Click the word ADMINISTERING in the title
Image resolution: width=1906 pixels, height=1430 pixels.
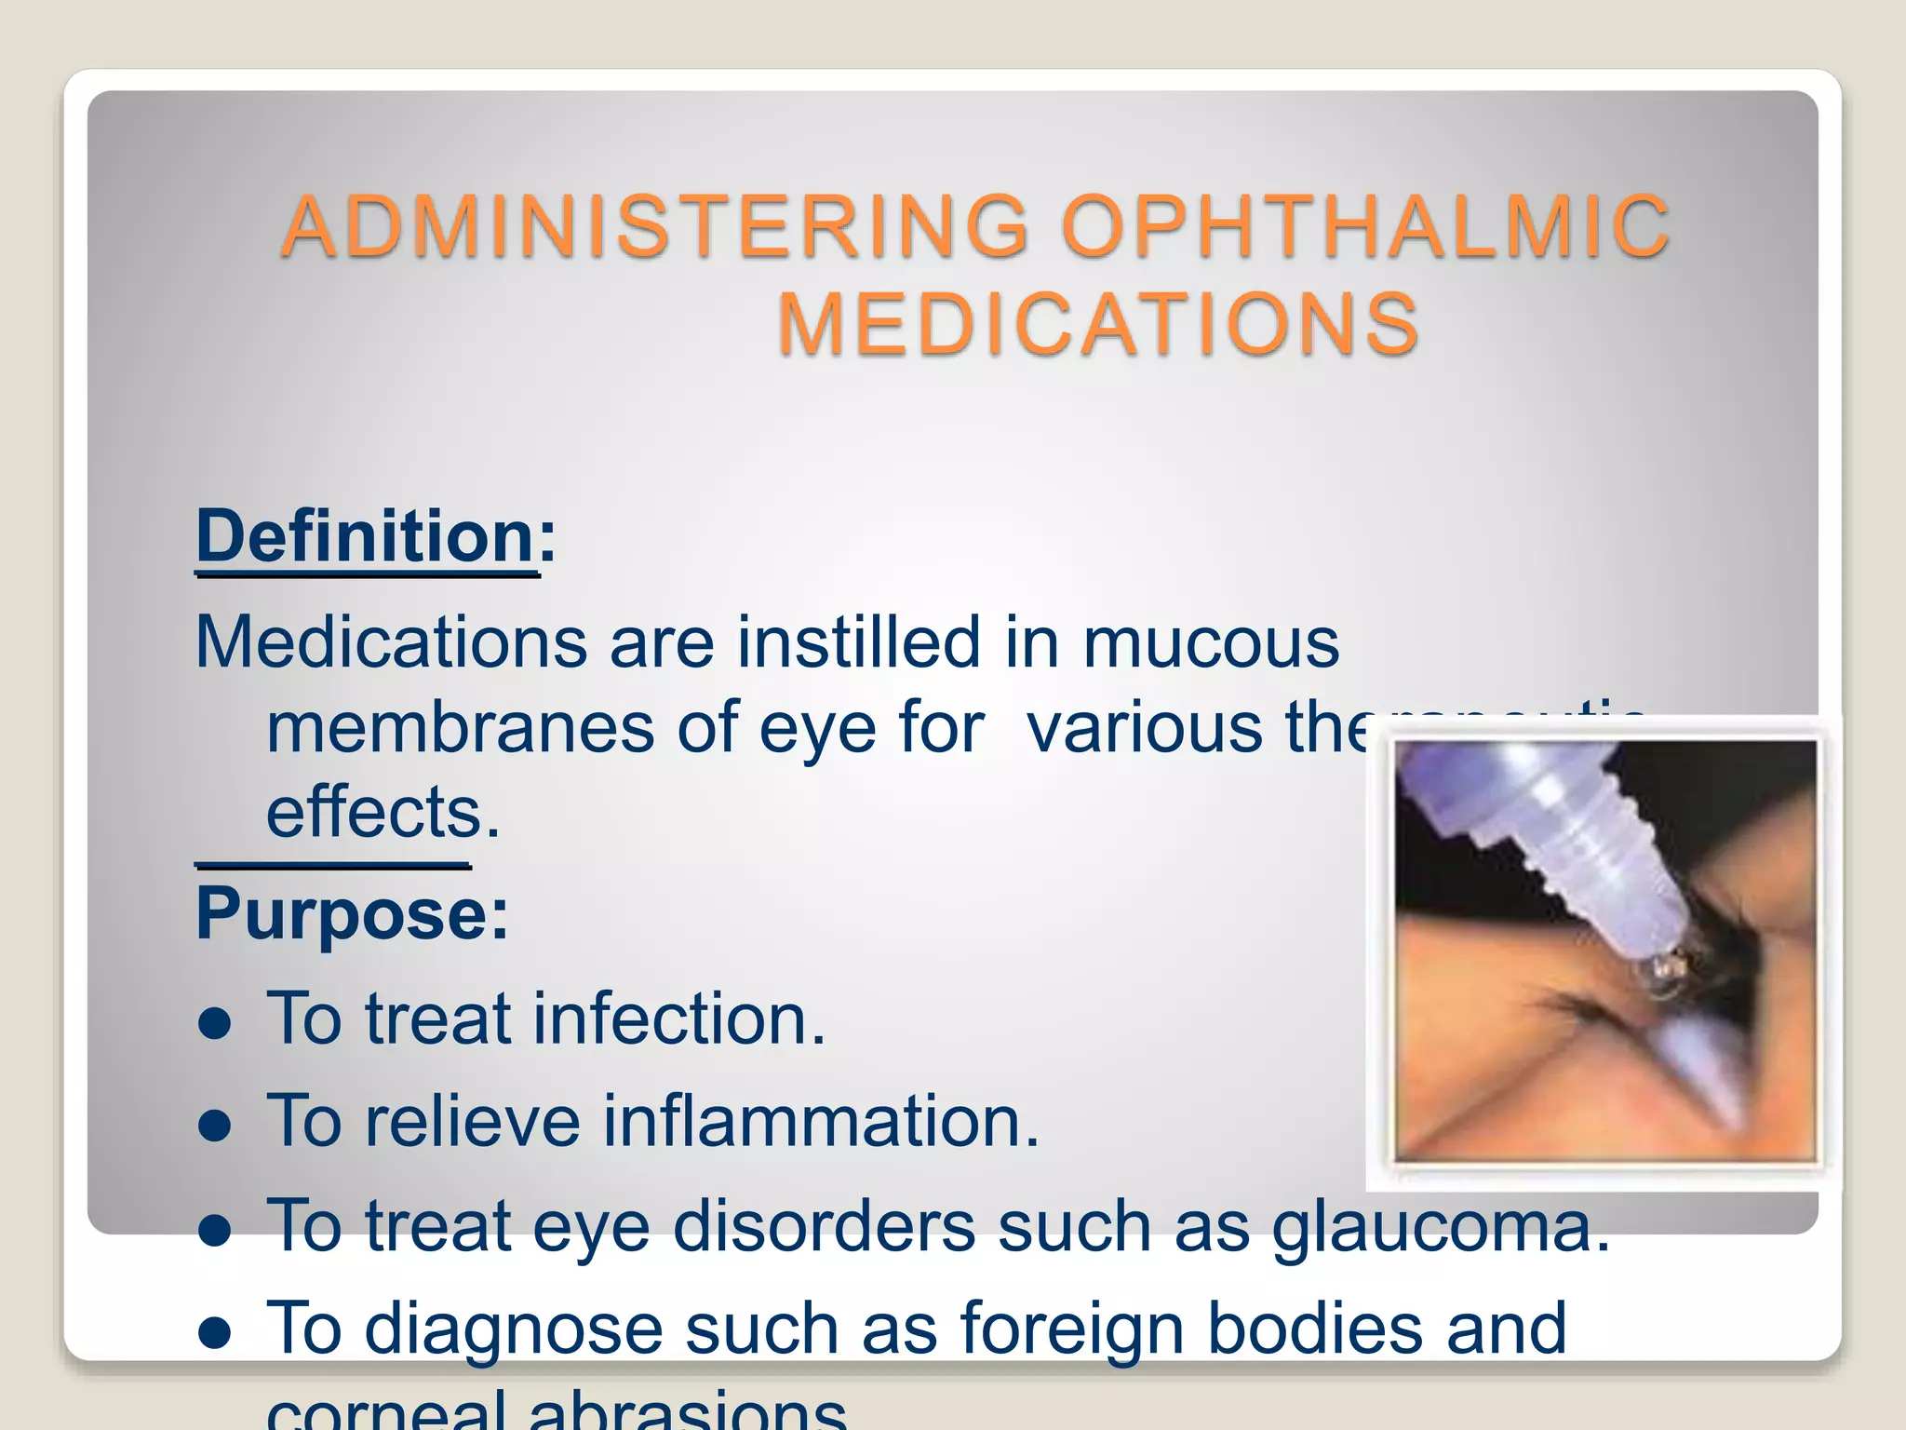[x=655, y=226]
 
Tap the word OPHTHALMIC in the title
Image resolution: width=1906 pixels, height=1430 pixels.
[x=1364, y=226]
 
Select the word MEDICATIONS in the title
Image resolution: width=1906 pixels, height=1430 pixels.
[x=1098, y=324]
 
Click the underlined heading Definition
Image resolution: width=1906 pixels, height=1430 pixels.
[x=365, y=537]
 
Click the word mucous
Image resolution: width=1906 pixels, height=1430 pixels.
[x=1210, y=642]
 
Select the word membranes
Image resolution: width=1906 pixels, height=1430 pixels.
[x=460, y=728]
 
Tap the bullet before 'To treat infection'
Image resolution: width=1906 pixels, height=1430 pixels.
[x=215, y=1022]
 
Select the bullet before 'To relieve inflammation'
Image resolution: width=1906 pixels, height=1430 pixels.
[x=215, y=1125]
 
